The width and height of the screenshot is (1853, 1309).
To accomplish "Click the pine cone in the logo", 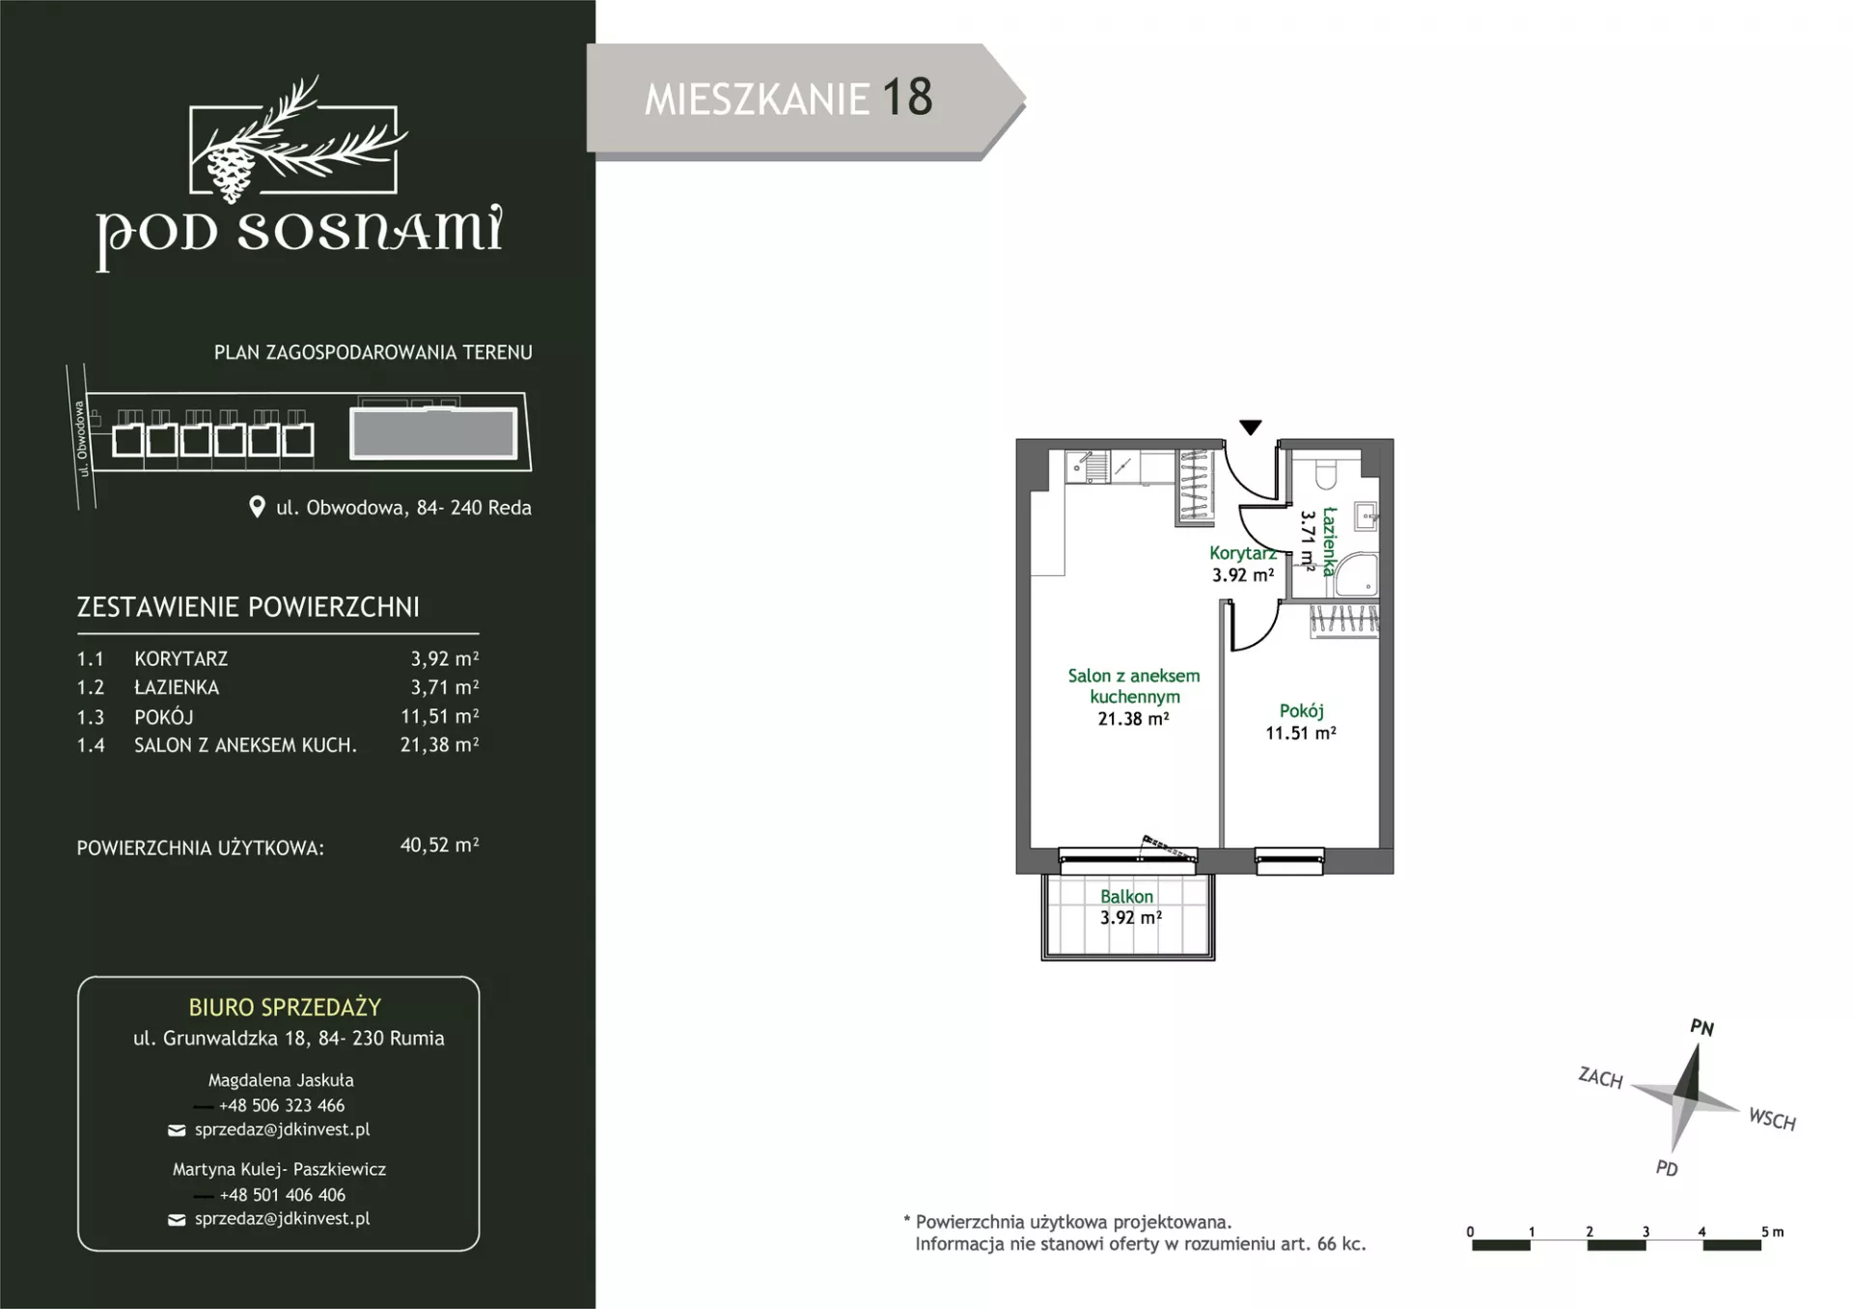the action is click(231, 171).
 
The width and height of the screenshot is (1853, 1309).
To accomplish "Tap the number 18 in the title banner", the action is click(907, 97).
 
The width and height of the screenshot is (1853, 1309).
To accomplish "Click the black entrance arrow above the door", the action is click(1250, 428).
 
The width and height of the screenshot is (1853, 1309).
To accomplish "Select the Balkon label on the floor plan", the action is click(1126, 897).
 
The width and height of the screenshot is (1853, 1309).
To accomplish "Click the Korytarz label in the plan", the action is click(1243, 553).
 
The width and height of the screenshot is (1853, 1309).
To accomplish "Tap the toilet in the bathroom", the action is click(1324, 473).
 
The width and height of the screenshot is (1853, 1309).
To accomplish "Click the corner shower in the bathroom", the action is click(1356, 575).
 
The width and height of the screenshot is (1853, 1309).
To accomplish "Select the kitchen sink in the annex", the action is click(1090, 467).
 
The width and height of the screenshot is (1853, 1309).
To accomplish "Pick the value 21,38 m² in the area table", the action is click(440, 745).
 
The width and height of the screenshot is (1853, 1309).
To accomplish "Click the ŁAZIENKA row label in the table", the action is click(177, 687).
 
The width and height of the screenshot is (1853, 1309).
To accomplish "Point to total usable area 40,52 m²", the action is click(440, 846).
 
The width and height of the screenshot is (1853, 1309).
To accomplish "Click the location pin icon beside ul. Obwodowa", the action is click(257, 507).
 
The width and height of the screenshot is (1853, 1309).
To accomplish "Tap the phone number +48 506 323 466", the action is click(282, 1105).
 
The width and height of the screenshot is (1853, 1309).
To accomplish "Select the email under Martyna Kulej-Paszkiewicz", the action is click(283, 1219).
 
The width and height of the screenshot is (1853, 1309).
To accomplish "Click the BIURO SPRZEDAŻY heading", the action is click(285, 1008).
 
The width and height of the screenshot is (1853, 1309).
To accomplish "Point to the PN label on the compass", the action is click(1701, 1028).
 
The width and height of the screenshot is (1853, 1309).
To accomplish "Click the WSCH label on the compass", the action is click(1772, 1120).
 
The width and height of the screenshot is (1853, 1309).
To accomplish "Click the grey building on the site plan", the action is click(432, 432).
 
